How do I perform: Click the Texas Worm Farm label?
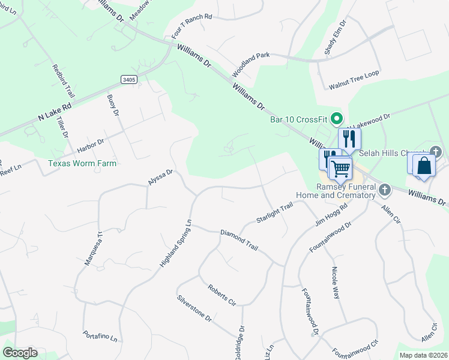pyautogui.click(x=82, y=163)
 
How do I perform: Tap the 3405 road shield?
pyautogui.click(x=128, y=79)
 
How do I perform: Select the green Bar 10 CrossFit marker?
pyautogui.click(x=337, y=118)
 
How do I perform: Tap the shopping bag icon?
pyautogui.click(x=423, y=165)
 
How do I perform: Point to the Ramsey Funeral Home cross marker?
pyautogui.click(x=385, y=190)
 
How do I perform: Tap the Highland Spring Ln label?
pyautogui.click(x=175, y=243)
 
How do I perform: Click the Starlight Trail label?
pyautogui.click(x=274, y=212)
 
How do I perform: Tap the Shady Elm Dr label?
pyautogui.click(x=336, y=38)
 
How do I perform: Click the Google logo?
pyautogui.click(x=20, y=352)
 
